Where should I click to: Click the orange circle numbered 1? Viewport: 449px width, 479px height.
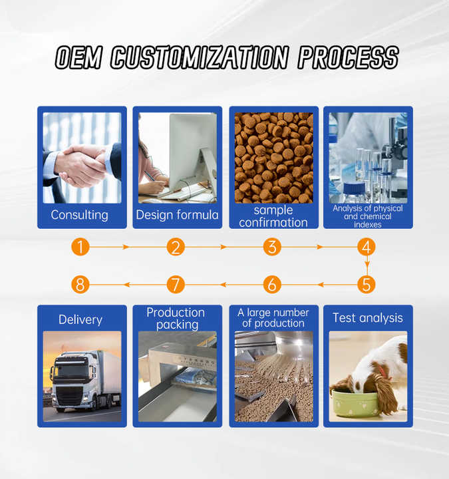pyautogui.click(x=80, y=247)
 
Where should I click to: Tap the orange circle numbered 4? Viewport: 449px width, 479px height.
pyautogui.click(x=367, y=247)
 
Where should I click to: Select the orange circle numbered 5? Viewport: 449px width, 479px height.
pyautogui.click(x=367, y=285)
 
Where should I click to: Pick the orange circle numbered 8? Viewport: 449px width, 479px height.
pyautogui.click(x=80, y=285)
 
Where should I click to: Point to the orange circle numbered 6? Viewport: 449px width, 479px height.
pyautogui.click(x=272, y=285)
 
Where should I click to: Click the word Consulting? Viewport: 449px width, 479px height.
pyautogui.click(x=79, y=215)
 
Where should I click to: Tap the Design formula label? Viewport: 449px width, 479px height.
pyautogui.click(x=177, y=215)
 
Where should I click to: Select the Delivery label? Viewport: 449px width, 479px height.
pyautogui.click(x=80, y=320)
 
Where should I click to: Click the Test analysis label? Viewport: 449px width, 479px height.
pyautogui.click(x=368, y=318)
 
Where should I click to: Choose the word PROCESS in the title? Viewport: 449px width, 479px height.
pyautogui.click(x=348, y=57)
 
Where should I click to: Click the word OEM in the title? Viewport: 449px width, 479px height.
pyautogui.click(x=78, y=57)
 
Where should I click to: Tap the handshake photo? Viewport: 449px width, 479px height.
pyautogui.click(x=82, y=158)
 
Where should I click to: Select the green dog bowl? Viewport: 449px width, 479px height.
pyautogui.click(x=355, y=403)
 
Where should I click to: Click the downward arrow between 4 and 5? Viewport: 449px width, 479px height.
pyautogui.click(x=367, y=265)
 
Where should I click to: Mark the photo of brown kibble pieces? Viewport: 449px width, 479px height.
pyautogui.click(x=274, y=158)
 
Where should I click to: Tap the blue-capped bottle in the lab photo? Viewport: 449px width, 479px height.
pyautogui.click(x=355, y=192)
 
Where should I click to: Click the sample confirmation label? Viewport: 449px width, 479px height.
pyautogui.click(x=273, y=216)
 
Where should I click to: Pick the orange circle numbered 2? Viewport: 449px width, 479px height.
pyautogui.click(x=176, y=247)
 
